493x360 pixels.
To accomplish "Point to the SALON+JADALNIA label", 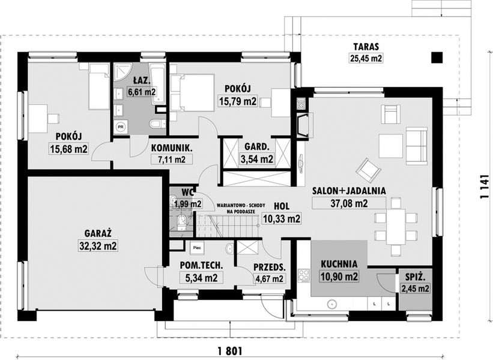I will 348,191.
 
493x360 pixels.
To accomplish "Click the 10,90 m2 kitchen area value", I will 339,277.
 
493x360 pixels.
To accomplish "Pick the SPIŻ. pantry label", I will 415,277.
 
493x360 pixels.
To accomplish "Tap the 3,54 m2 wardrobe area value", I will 256,159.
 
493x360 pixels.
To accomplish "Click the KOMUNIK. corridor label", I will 171,148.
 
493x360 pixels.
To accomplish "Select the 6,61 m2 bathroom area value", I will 142,92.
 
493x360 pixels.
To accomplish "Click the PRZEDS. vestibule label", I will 269,267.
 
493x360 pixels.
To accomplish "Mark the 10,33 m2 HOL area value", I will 282,219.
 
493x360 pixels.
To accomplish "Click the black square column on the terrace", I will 437,58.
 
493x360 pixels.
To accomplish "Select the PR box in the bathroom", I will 121,127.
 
